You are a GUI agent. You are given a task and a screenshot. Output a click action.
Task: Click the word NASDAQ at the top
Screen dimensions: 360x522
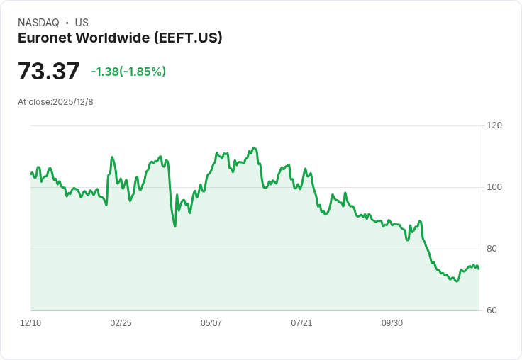[38, 23]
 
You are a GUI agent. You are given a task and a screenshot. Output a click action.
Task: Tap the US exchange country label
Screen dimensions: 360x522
[82, 23]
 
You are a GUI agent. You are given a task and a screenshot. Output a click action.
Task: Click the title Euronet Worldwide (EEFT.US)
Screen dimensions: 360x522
[120, 38]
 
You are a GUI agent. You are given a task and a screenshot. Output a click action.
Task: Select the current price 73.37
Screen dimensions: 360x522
[48, 71]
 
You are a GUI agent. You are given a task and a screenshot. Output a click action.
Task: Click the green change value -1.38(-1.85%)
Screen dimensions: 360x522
[128, 72]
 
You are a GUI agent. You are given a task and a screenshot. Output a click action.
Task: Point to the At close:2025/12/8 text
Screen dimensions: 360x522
[55, 102]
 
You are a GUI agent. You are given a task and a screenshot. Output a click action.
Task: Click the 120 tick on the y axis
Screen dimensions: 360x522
[494, 125]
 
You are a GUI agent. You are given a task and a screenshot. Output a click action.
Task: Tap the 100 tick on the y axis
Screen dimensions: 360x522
[494, 187]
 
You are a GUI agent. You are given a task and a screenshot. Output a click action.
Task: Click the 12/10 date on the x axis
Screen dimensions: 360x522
[30, 323]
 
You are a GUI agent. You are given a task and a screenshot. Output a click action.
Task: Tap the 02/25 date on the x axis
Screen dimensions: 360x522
[121, 323]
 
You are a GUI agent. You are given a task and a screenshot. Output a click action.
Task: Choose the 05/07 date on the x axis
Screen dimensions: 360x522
[211, 323]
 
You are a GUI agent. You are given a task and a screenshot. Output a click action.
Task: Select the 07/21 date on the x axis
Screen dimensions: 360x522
[301, 323]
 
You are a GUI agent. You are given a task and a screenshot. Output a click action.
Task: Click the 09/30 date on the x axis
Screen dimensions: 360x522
[392, 323]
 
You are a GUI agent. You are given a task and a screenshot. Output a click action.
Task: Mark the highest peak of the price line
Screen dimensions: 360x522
[254, 148]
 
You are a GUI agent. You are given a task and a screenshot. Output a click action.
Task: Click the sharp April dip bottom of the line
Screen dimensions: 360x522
[174, 226]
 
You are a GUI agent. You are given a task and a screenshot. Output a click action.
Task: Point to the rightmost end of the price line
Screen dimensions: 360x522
[479, 269]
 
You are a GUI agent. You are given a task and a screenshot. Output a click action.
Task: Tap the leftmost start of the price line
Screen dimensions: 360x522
[30, 173]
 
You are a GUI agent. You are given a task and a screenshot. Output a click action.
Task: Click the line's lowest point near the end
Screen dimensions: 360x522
[456, 281]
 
